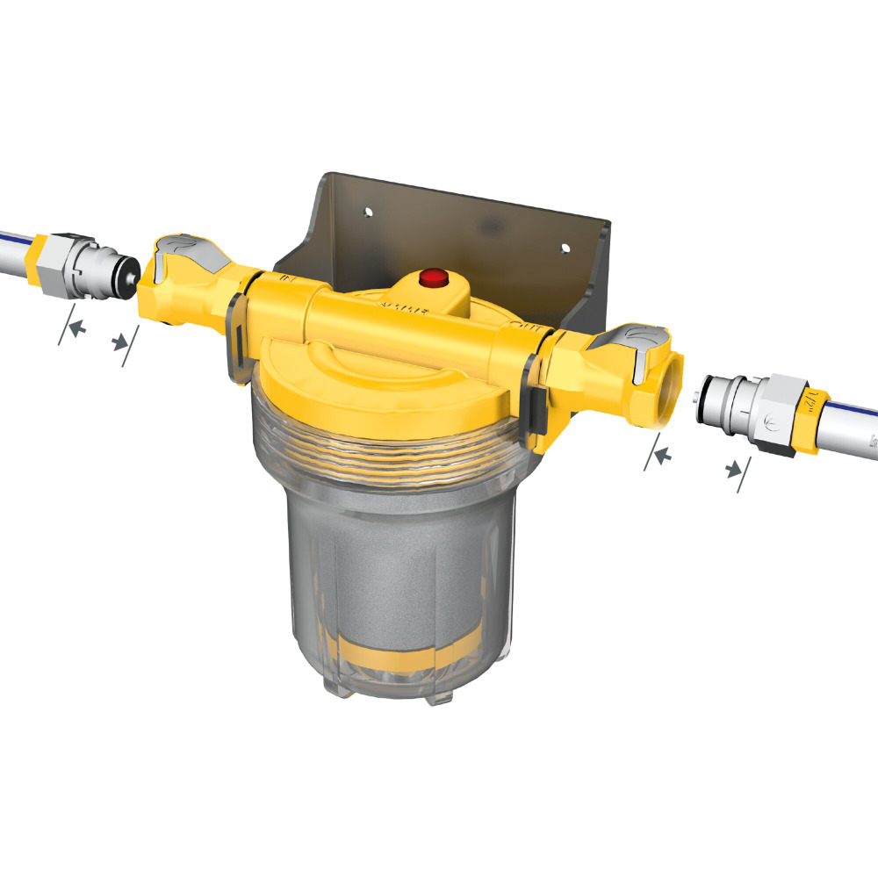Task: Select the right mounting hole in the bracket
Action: click(x=565, y=248)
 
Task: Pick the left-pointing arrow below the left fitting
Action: click(x=76, y=327)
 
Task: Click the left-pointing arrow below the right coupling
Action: click(x=664, y=454)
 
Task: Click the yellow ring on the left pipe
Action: click(x=40, y=249)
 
